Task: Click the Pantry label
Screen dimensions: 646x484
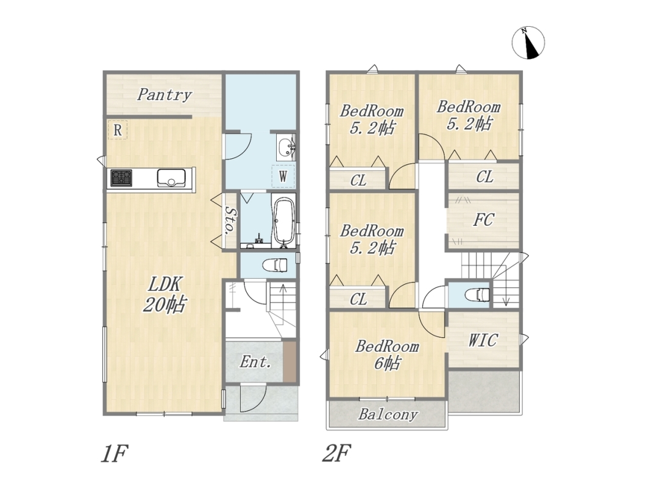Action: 165,94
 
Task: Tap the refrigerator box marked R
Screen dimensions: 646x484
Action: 118,130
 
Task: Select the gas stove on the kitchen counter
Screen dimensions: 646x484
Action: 121,178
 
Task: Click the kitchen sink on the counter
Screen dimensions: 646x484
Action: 171,178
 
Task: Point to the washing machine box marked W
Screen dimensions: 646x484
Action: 283,176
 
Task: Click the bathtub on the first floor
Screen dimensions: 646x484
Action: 283,222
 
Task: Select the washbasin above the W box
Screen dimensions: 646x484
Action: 285,147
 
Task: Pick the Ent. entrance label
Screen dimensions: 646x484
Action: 255,362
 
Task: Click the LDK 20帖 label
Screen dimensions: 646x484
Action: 165,295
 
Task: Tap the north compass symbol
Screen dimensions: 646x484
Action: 528,43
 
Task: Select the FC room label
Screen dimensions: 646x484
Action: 483,220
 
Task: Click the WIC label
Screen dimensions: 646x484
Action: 483,340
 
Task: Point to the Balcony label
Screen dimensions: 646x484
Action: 388,414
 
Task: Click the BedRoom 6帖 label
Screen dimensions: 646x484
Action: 387,355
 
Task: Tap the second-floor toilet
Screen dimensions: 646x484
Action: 478,295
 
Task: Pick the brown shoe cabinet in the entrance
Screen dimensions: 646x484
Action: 289,362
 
